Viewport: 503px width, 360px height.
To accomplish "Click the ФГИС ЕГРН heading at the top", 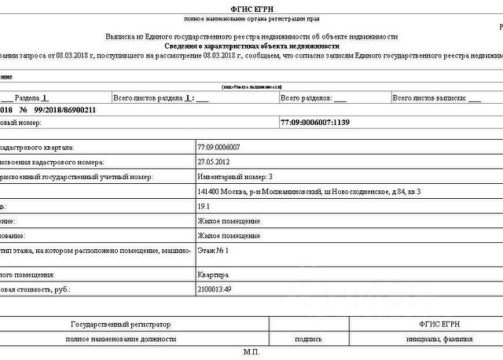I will point(251,7).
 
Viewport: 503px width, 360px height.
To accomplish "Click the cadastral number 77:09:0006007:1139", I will point(314,123).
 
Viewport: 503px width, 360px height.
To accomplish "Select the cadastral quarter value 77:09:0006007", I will point(219,147).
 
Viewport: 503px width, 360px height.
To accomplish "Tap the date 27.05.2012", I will point(214,162).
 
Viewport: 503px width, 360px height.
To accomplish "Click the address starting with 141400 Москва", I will point(309,192).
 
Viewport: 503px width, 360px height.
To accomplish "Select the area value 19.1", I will point(205,206).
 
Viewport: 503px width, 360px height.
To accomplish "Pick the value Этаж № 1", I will point(213,250).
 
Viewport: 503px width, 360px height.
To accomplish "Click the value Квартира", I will point(213,275).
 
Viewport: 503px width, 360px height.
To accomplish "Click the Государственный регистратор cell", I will point(120,324).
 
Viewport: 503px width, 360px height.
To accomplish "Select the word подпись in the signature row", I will point(307,339).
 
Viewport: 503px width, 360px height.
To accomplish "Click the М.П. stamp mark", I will point(251,353).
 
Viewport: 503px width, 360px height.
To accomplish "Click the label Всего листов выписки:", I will point(431,98).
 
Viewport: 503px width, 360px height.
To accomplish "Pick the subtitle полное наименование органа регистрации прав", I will point(251,18).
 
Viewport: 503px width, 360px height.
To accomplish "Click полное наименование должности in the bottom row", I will point(120,339).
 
